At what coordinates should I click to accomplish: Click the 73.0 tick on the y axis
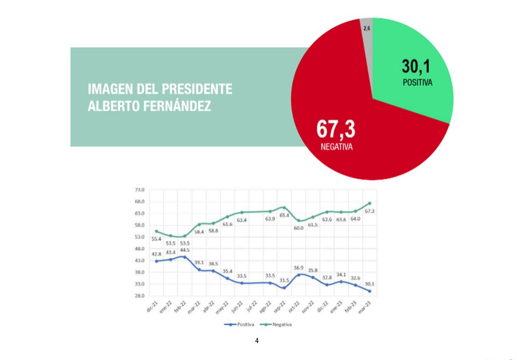click(x=140, y=190)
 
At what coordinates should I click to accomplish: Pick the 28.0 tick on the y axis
click(x=140, y=296)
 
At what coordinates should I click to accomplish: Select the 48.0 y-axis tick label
click(x=140, y=249)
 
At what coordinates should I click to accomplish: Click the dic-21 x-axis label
click(x=151, y=308)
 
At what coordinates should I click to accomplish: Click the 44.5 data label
click(x=184, y=250)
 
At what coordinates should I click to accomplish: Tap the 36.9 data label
click(x=299, y=268)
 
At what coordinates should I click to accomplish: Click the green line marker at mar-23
click(x=370, y=203)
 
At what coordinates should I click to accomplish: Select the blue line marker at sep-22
click(x=284, y=288)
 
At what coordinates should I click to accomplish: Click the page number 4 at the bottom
click(x=257, y=341)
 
